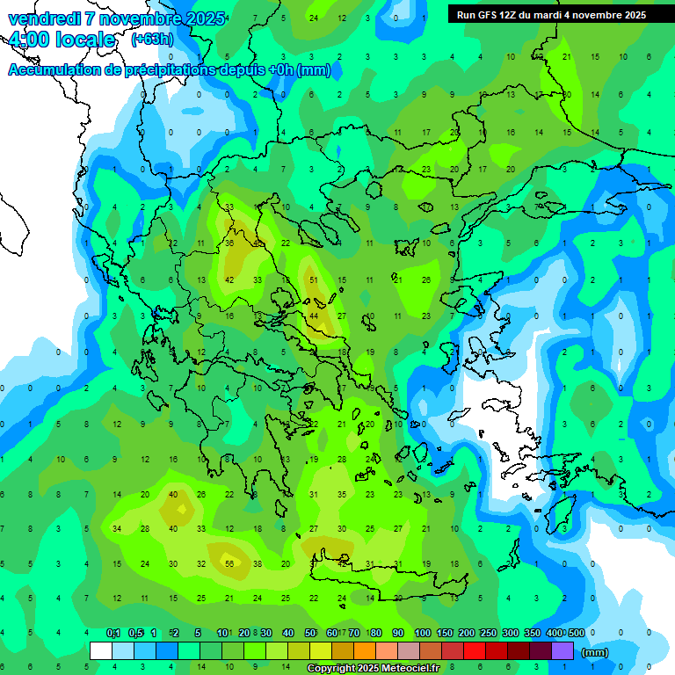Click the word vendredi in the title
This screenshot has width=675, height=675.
pos(45,18)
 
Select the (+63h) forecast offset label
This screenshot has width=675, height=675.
pos(151,40)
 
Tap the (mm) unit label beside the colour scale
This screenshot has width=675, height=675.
pos(595,652)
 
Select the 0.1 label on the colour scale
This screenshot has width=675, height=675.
pos(113,633)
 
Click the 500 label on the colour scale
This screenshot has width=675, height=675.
pos(576,633)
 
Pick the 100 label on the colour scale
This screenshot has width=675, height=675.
pos(422,633)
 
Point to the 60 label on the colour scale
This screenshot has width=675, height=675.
pos(332,633)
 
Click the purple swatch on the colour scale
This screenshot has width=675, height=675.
pos(562,651)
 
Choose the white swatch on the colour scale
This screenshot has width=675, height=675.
pos(101,651)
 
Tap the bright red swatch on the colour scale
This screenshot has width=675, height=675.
pos(475,651)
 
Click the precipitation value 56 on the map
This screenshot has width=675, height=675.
pos(229,564)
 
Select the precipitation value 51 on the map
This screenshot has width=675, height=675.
pos(313,279)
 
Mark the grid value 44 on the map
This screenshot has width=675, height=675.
pos(314,316)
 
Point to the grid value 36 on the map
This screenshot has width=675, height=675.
pos(229,243)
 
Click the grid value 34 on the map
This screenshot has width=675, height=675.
pos(117,529)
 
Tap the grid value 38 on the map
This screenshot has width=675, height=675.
pos(258,564)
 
